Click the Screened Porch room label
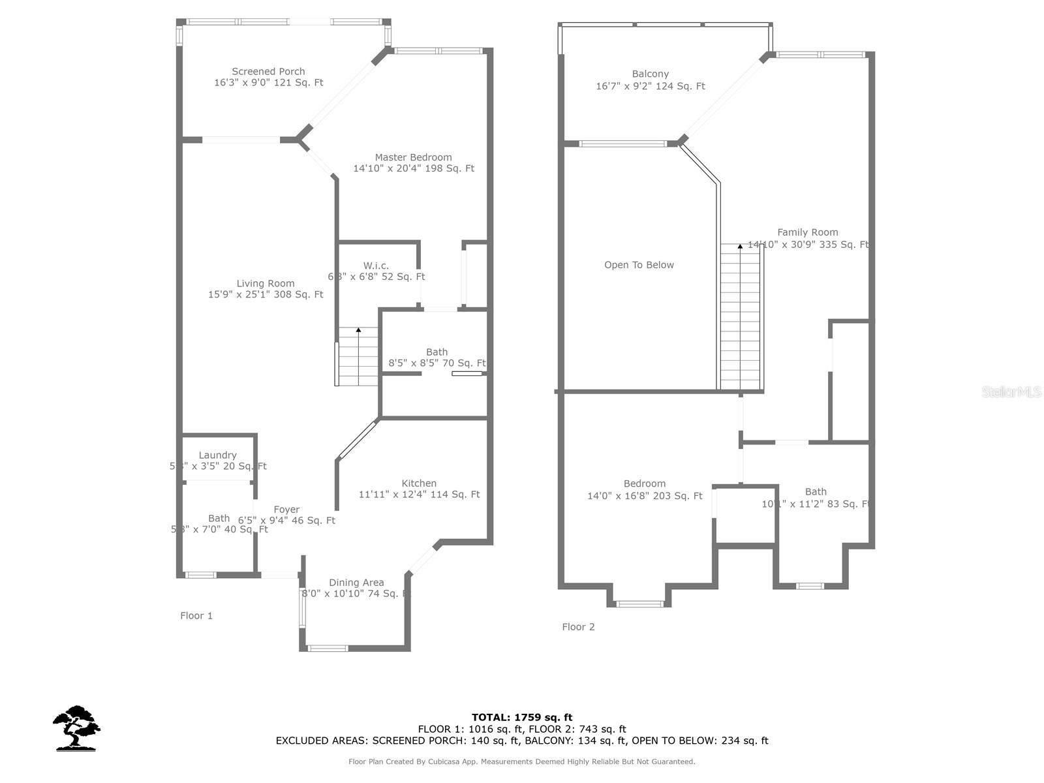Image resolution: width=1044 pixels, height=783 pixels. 268,72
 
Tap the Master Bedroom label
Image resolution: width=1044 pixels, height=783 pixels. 413,157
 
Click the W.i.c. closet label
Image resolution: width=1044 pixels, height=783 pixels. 376,266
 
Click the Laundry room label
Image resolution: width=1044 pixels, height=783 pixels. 217,455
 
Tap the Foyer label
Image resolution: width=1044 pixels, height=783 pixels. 286,510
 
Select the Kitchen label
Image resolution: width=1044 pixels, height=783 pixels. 419,484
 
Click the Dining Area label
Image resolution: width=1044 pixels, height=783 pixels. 356,583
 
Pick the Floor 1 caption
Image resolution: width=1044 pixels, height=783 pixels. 196,616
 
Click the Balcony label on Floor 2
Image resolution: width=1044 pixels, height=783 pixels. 650,74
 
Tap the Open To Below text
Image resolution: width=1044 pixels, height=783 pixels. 639,265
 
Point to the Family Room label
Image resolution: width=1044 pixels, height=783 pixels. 807,232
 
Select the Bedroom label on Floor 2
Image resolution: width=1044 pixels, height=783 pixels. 644,484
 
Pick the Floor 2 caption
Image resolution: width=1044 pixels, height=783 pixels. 578,627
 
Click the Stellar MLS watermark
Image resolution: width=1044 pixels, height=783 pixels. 1011,391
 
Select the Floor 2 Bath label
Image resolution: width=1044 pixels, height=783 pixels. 816,492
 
